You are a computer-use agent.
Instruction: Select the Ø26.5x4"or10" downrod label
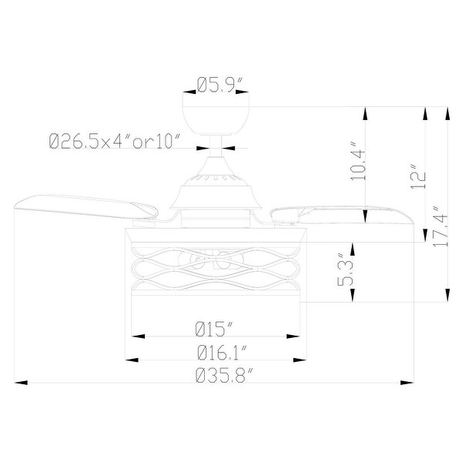[114, 141]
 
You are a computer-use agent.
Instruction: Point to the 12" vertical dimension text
[417, 176]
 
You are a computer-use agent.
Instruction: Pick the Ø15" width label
[213, 329]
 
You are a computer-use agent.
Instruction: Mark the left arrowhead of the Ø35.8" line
[20, 382]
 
